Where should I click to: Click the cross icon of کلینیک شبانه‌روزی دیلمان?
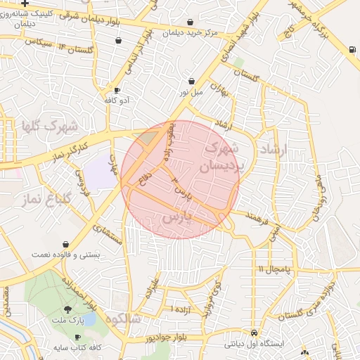click(25, 4)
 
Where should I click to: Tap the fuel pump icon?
click(352, 49)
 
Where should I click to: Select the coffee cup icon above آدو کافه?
click(117, 90)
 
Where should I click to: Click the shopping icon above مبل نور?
click(191, 82)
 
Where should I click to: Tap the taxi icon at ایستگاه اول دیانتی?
click(254, 333)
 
